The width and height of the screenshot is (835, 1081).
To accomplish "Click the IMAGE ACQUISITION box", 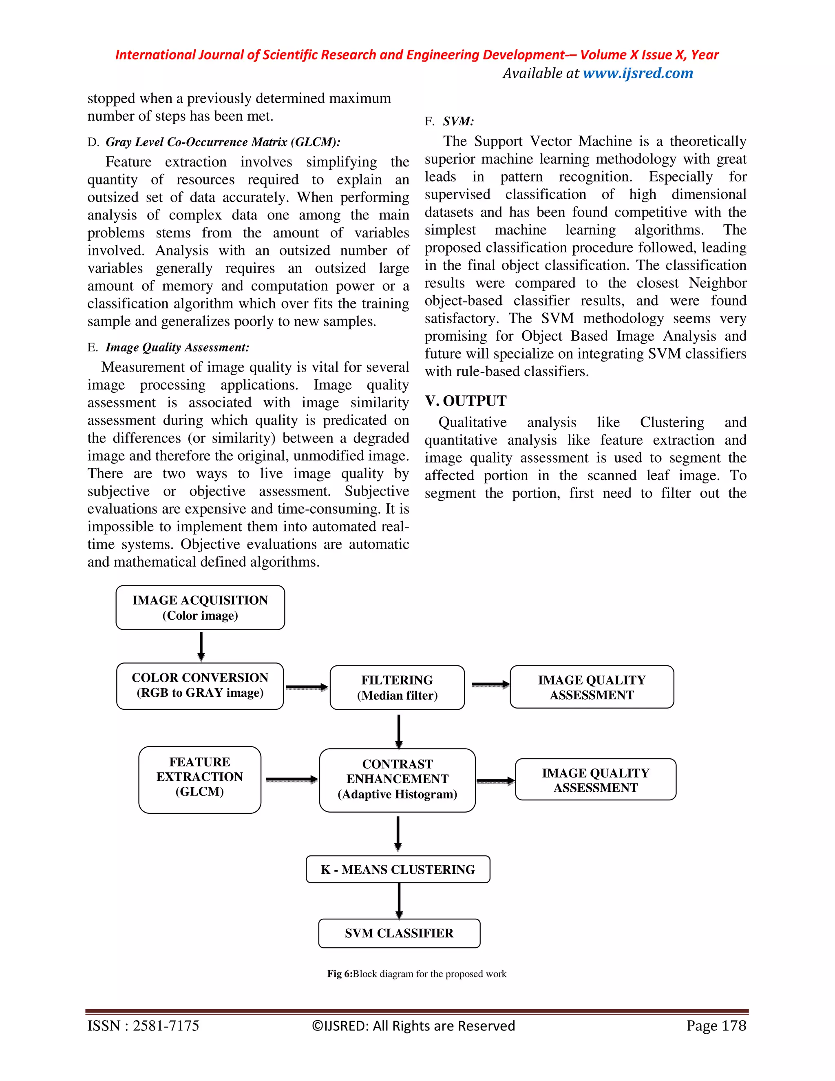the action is click(x=200, y=607).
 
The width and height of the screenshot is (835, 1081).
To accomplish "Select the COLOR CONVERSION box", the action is click(x=200, y=686).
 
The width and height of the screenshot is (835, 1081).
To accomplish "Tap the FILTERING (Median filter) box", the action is click(x=397, y=687).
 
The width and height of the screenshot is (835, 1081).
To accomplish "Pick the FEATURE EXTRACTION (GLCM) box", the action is click(x=199, y=779).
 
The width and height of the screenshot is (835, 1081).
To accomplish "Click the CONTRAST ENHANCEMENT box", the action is click(x=397, y=780).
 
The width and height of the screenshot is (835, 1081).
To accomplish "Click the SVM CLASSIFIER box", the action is click(x=399, y=933).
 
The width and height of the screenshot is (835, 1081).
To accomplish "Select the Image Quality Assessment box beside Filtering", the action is click(x=592, y=687).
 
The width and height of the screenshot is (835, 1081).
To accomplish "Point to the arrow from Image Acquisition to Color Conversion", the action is click(x=201, y=646).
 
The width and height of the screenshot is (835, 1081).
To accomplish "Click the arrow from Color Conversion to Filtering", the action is click(x=307, y=687).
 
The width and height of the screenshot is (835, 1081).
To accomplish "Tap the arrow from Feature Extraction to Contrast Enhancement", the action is click(x=292, y=780).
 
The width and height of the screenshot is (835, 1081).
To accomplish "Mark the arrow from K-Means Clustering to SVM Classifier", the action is click(x=399, y=901).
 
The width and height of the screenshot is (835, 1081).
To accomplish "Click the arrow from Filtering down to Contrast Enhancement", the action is click(x=399, y=731).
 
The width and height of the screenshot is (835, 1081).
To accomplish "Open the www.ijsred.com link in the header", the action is click(x=638, y=73).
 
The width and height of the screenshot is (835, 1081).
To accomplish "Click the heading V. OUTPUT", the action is click(x=466, y=401).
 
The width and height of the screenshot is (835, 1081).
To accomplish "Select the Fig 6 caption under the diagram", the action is click(x=417, y=974).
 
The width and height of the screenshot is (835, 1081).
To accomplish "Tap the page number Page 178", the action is click(x=716, y=1025).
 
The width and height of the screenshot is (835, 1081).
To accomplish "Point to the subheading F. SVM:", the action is click(x=449, y=121).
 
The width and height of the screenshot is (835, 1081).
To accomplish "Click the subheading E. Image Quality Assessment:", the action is click(x=168, y=348).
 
